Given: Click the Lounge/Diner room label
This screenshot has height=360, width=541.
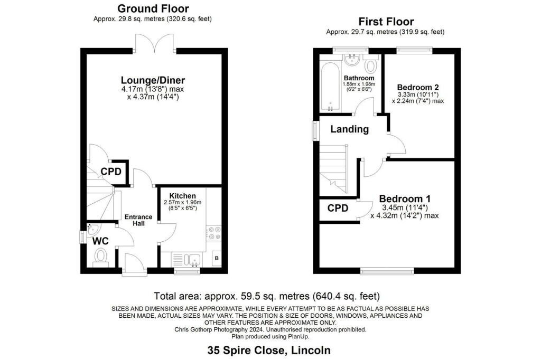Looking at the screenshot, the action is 153,80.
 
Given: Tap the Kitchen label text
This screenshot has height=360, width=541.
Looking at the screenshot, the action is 182,196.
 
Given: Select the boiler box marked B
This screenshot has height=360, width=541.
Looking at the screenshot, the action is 217,258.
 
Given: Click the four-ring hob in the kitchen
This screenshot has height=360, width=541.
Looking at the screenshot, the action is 214,233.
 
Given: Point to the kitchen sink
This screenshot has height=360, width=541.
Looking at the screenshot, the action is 193,260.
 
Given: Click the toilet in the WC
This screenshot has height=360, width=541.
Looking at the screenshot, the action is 101,258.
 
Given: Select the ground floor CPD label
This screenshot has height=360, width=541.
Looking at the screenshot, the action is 111,172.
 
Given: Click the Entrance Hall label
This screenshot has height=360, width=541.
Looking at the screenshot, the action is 138,220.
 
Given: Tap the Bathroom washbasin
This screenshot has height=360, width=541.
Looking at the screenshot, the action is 352,61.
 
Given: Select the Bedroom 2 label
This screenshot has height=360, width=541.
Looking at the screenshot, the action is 418,87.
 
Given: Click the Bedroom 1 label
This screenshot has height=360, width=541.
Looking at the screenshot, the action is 405,198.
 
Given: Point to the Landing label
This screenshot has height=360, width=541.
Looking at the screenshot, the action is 350,129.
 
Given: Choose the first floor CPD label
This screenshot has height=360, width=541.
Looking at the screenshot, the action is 338,209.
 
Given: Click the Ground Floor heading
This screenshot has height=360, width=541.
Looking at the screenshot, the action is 153,8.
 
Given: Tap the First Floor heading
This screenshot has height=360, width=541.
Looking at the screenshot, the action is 386,22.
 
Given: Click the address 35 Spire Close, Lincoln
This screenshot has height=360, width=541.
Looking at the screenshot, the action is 269,350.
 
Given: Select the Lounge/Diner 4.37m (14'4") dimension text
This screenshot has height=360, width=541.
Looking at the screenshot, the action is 153,97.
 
